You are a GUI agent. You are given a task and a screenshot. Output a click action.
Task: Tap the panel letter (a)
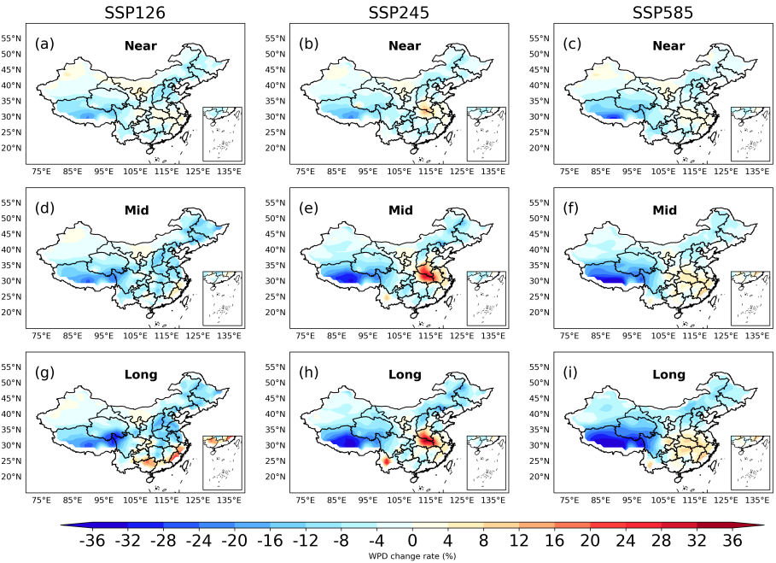44,42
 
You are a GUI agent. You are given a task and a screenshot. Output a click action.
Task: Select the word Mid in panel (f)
663,210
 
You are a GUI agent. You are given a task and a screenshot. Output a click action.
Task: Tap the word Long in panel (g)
136,375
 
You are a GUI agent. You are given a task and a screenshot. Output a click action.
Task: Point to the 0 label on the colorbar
412,541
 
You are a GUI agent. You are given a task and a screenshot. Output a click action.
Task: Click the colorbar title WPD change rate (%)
412,556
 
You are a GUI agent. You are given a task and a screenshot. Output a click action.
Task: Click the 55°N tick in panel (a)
11,38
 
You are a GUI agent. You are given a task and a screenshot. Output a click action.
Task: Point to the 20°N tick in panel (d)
11,313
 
